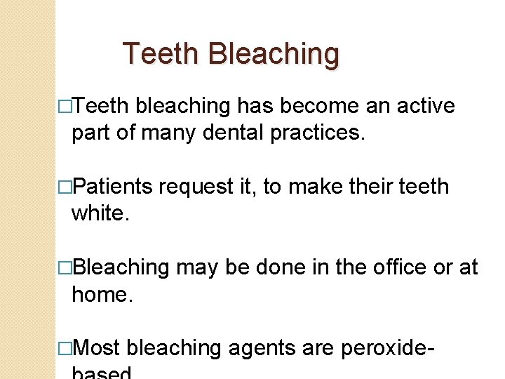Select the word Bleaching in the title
pyautogui.click(x=274, y=54)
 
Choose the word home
pyautogui.click(x=102, y=294)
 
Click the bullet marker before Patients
pyautogui.click(x=66, y=187)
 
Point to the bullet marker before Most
pyautogui.click(x=66, y=347)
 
